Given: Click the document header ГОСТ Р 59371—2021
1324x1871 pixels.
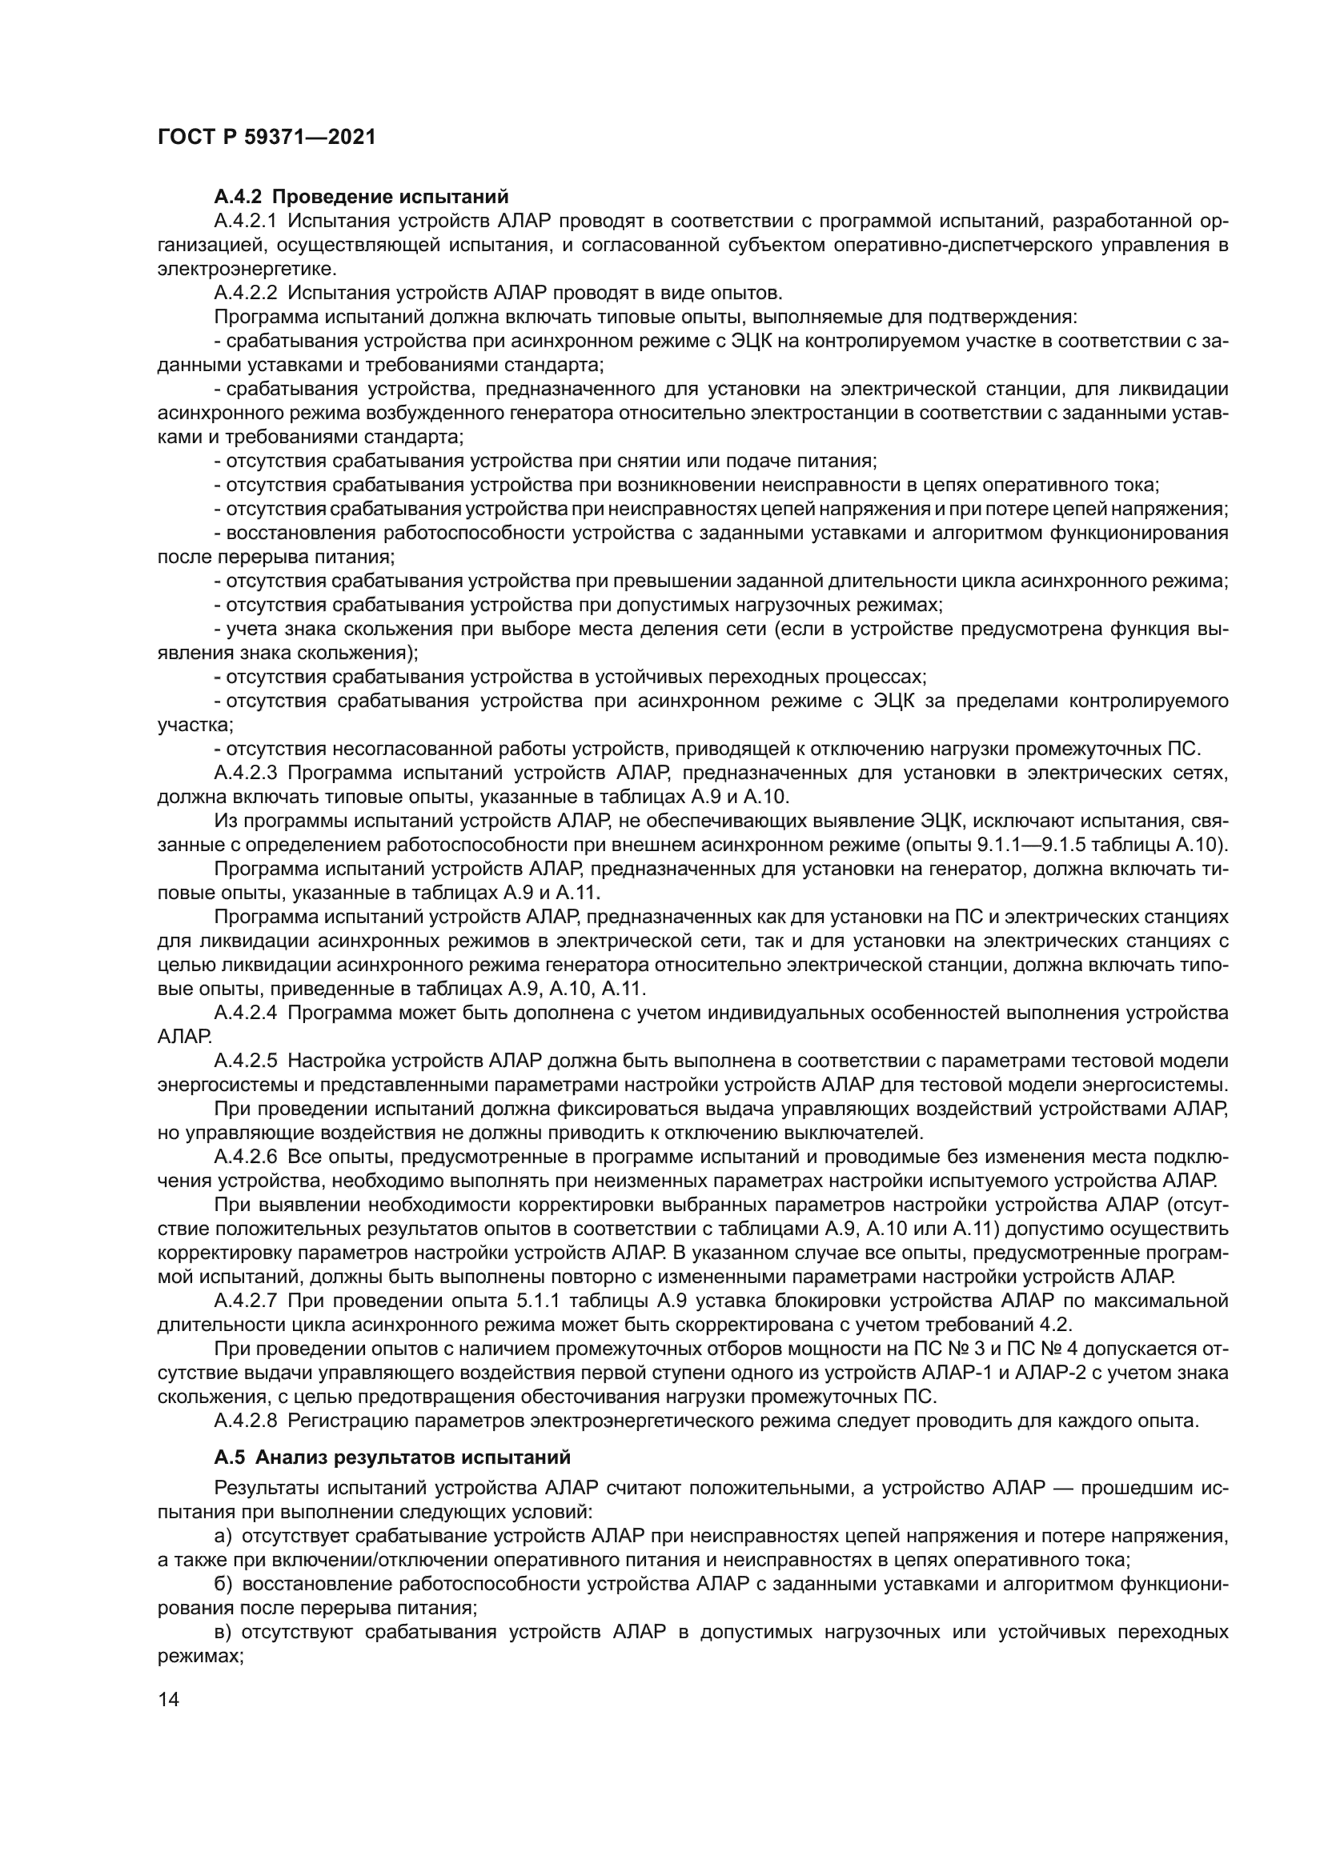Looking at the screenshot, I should point(266,137).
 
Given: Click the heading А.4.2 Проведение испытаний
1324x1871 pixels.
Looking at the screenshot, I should point(361,198).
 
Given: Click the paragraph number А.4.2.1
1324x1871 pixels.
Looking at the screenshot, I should point(247,222).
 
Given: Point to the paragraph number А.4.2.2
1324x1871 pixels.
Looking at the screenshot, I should point(247,294).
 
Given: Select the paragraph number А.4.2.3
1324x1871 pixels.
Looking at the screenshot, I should point(247,773).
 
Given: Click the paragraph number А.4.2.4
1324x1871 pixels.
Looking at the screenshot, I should point(247,1013).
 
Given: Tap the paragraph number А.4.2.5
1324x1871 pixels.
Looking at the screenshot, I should point(247,1061).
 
